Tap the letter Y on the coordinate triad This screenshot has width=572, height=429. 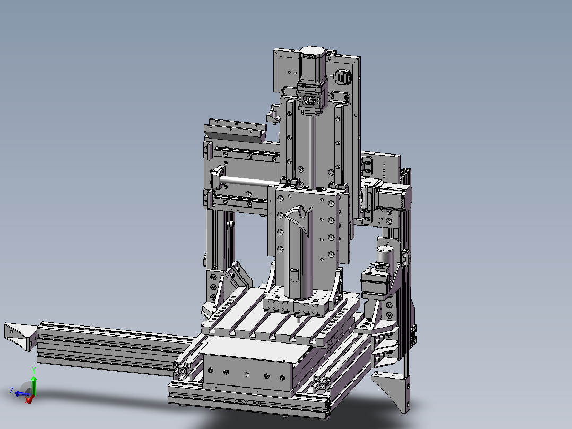(x=34, y=371)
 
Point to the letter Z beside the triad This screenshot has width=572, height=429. (x=12, y=390)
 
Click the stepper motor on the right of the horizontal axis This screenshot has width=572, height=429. (x=393, y=198)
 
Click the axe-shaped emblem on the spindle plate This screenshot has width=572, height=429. (x=299, y=220)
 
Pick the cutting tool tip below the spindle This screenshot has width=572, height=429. (x=299, y=319)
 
